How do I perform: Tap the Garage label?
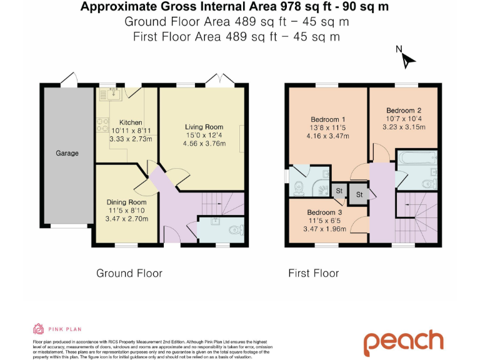(x=67, y=153)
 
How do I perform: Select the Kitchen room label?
(x=131, y=122)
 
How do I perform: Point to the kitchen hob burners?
(x=102, y=125)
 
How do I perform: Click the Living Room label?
(x=204, y=127)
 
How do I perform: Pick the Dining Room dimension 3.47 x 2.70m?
(x=127, y=219)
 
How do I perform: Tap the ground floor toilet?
(x=237, y=230)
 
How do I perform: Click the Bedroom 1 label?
(x=328, y=119)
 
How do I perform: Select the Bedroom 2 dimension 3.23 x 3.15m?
(x=404, y=127)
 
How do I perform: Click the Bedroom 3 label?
(x=324, y=212)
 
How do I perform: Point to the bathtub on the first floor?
(x=417, y=157)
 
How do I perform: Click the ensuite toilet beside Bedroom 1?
(x=299, y=188)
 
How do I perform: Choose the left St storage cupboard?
(x=339, y=191)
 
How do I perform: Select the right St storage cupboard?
(x=359, y=194)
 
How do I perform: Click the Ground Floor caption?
(x=129, y=273)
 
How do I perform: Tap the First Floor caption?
(x=314, y=273)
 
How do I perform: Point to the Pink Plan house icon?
(x=38, y=329)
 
